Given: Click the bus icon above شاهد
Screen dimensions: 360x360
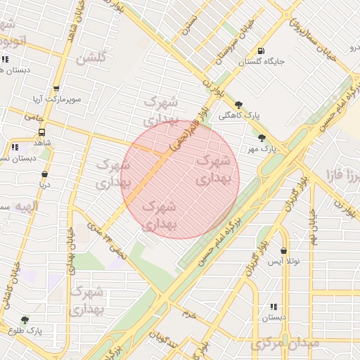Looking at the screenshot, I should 42,131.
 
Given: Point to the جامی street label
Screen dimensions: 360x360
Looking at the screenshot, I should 33,117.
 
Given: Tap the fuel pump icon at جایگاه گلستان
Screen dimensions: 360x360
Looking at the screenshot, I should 262,51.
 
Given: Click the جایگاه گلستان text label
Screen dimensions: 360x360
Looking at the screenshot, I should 262,62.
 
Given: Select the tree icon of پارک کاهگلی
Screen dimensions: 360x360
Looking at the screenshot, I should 239,104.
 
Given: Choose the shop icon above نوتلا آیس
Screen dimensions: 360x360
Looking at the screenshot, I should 283,250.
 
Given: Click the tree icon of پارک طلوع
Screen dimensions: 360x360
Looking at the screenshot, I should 25,319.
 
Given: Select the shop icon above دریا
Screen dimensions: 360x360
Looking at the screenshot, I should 45,174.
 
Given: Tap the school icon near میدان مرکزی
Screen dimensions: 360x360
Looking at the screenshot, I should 274,307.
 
